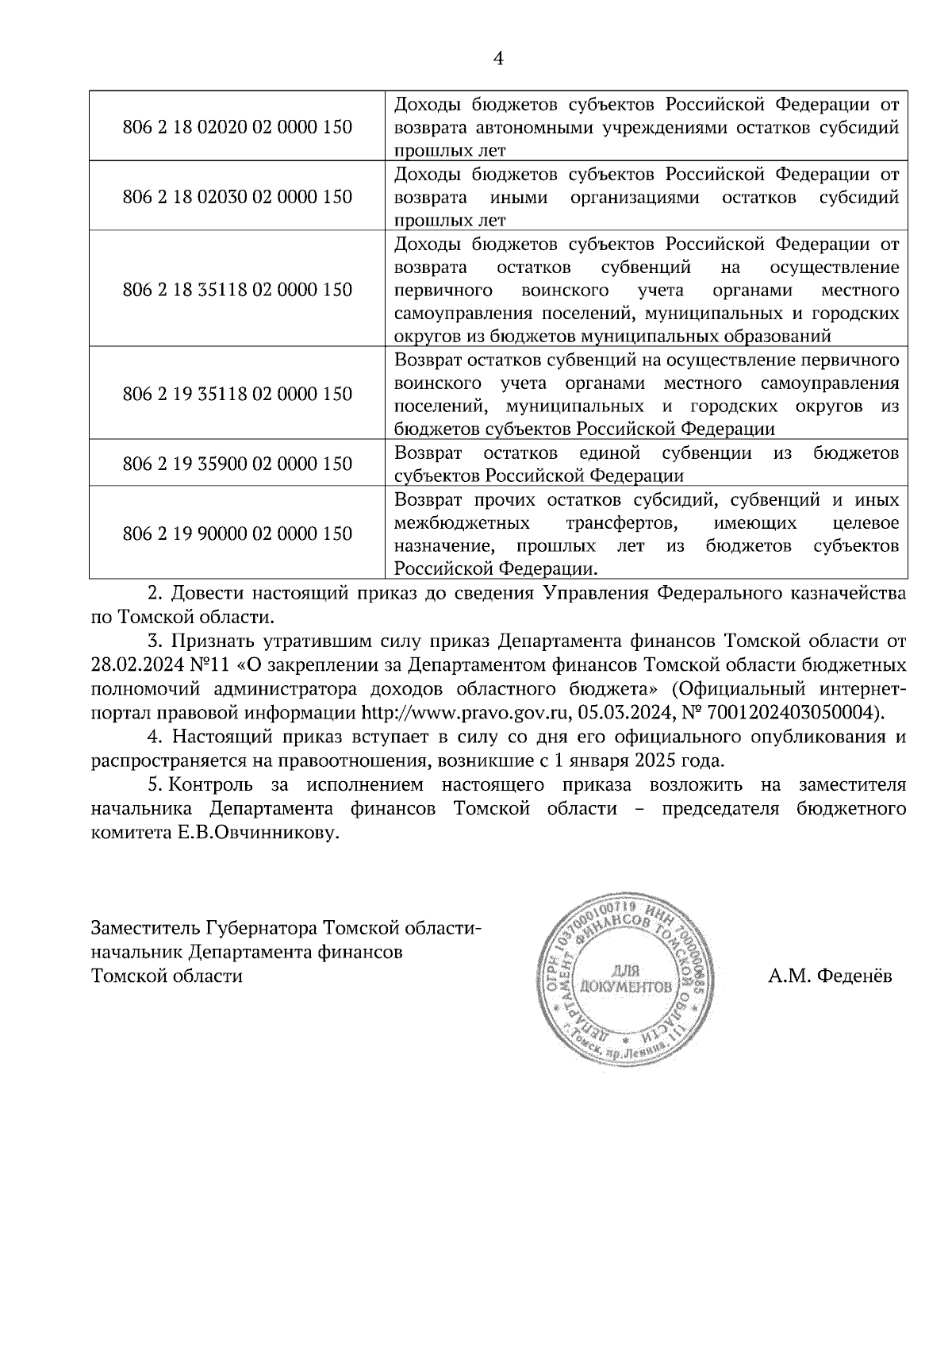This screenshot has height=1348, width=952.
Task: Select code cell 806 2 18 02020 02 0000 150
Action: pos(237,127)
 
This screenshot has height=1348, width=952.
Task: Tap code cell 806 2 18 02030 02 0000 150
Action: pos(237,197)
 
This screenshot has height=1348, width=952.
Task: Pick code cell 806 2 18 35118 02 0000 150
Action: pos(237,290)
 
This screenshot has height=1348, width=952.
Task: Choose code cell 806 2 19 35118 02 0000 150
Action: pos(237,395)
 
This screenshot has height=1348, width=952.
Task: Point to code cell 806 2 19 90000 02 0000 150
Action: pos(237,533)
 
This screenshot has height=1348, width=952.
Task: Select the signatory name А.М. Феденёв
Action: pos(829,976)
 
